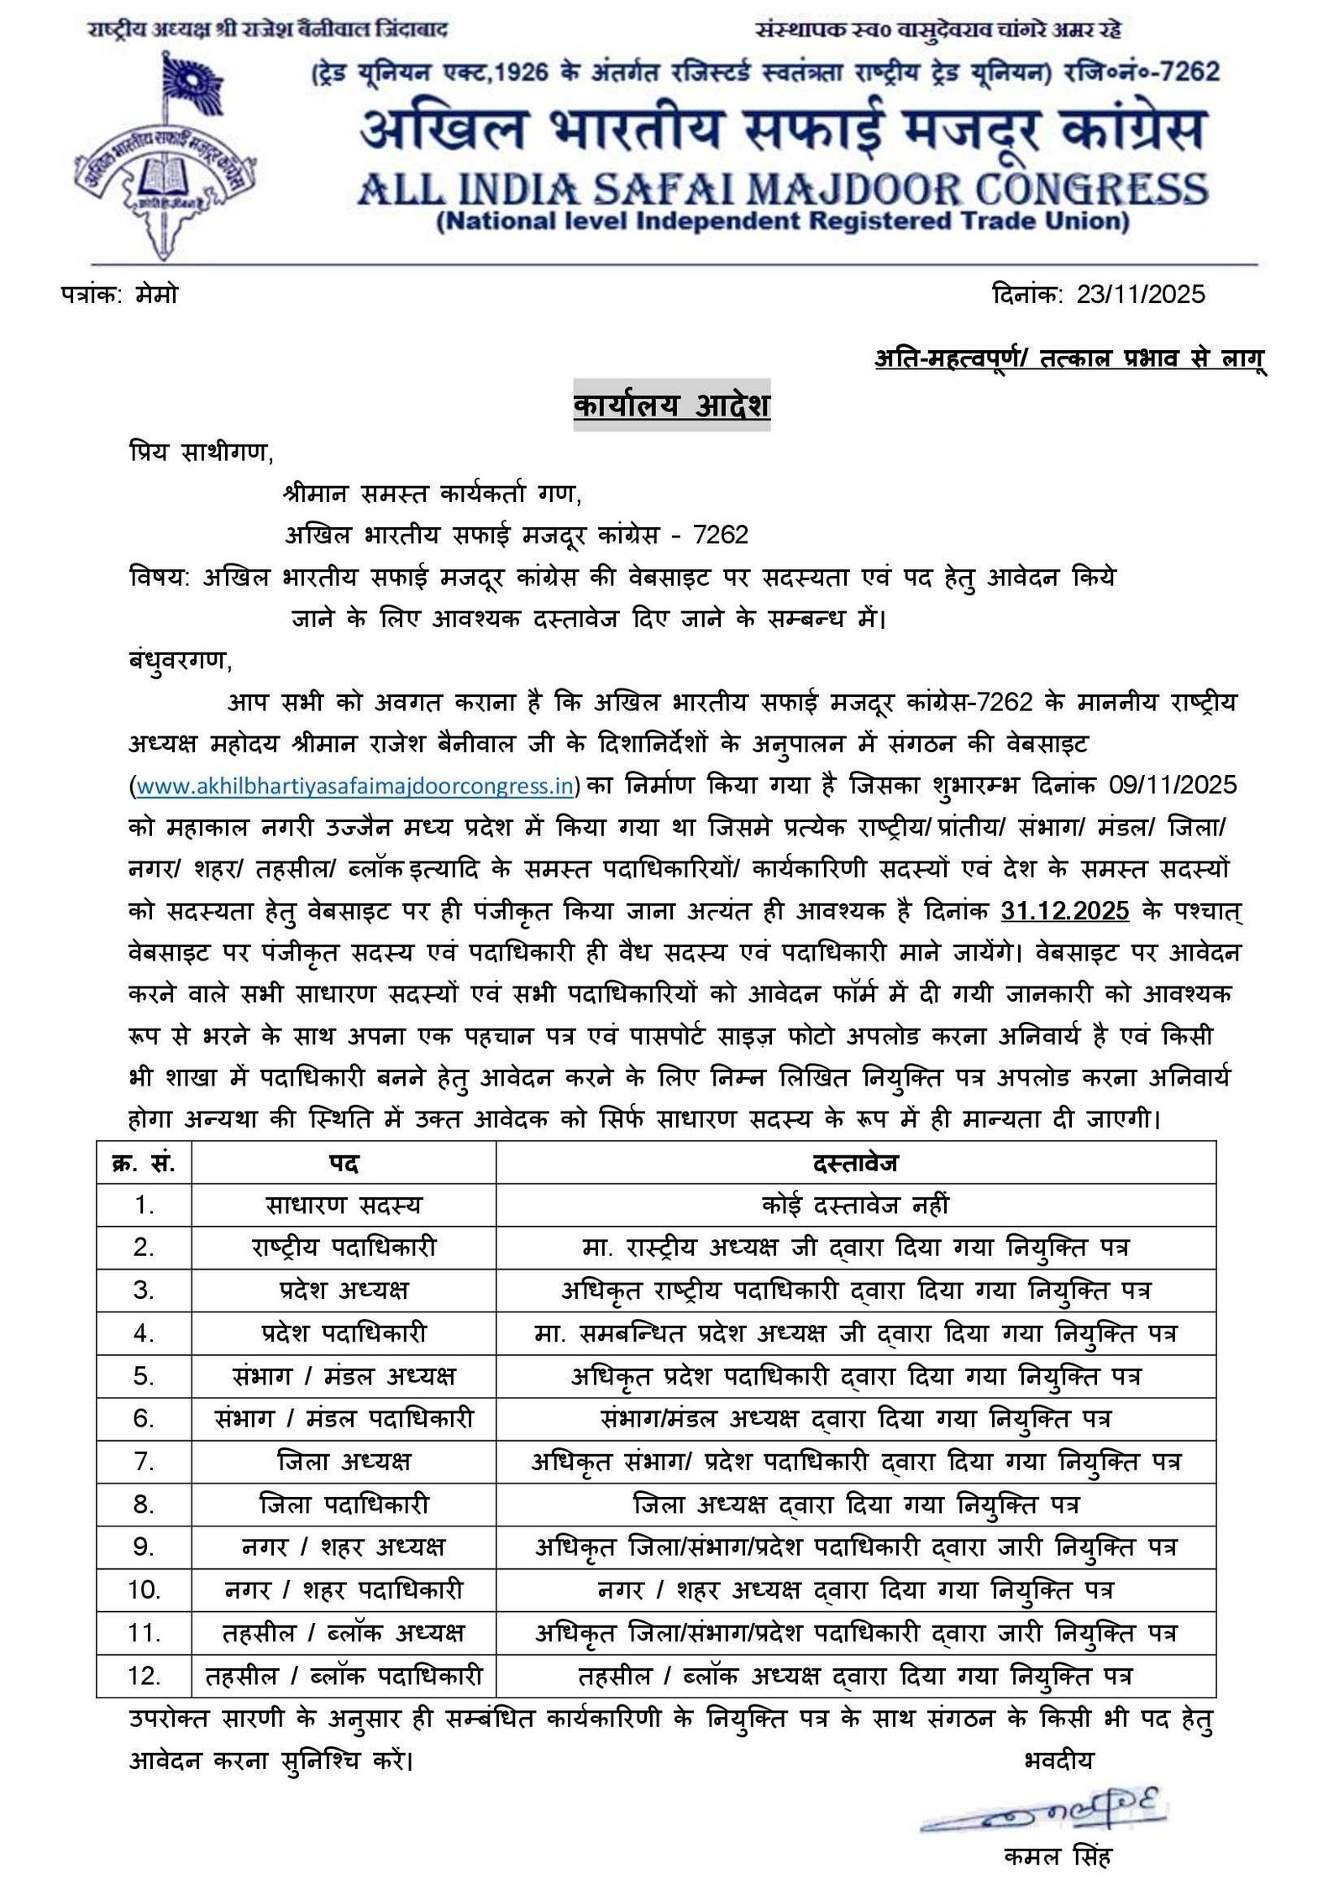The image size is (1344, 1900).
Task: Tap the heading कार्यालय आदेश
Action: tap(671, 406)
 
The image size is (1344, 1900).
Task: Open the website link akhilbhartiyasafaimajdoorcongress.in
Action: tap(354, 787)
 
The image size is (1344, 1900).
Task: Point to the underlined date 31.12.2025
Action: tap(1065, 911)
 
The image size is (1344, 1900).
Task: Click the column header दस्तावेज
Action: tap(855, 1163)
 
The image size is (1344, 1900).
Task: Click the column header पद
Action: tap(343, 1163)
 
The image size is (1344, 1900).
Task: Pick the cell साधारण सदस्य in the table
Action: tap(343, 1205)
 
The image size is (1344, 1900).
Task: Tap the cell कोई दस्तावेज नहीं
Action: tap(855, 1205)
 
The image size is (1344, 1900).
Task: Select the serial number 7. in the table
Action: tap(144, 1462)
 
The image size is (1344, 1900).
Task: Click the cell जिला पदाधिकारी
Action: tap(343, 1505)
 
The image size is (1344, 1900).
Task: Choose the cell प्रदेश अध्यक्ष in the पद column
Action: tap(343, 1290)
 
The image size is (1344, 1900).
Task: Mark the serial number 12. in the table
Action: tap(144, 1676)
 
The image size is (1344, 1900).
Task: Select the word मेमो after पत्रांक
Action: tap(156, 295)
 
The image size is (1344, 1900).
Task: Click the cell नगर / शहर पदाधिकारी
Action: tap(343, 1590)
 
